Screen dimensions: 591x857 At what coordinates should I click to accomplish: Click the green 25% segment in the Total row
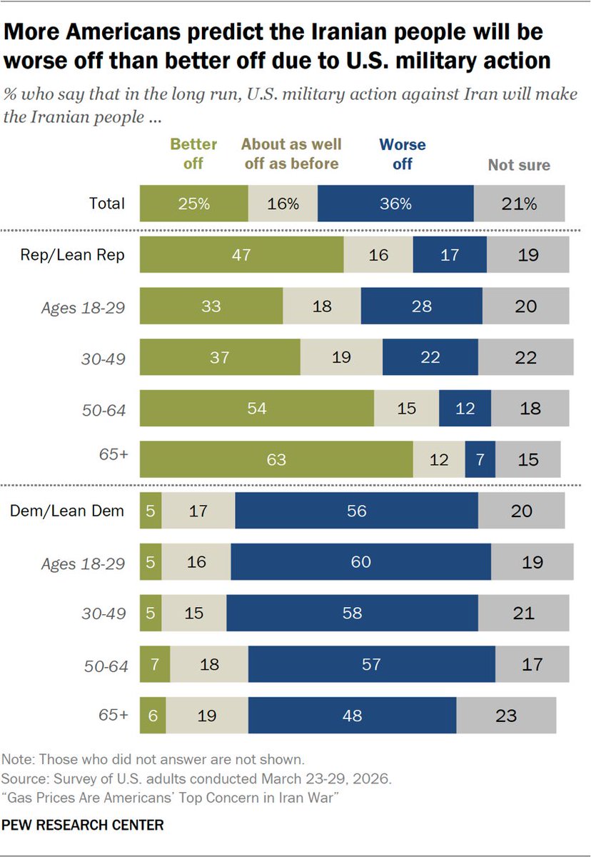pos(194,203)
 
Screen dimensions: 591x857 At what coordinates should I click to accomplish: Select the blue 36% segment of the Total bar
pos(395,203)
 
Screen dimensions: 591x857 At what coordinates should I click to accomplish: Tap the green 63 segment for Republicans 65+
pos(276,459)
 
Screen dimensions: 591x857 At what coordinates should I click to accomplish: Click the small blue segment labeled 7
pos(480,459)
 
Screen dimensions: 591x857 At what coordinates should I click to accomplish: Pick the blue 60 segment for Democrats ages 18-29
pos(361,561)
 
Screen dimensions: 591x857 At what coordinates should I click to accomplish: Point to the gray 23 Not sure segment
pos(506,716)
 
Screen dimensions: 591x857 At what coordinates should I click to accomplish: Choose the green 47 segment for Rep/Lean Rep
pos(241,254)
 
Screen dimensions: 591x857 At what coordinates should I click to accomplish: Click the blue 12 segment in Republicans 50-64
pos(465,409)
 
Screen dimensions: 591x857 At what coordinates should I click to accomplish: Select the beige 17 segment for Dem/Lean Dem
pos(198,511)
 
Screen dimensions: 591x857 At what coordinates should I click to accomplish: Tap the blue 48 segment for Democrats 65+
pos(352,716)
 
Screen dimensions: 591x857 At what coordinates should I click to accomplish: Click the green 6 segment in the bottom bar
pos(153,716)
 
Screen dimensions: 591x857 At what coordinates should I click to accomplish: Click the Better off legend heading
pos(193,154)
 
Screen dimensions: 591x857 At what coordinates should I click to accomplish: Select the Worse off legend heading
pos(402,154)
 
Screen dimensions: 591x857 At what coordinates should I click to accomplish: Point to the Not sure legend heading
pos(519,165)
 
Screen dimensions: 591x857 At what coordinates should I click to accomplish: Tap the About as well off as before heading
pos(291,154)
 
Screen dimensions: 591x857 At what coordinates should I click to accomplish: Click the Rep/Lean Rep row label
pos(72,255)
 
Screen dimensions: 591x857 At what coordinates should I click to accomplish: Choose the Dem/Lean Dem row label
pos(67,511)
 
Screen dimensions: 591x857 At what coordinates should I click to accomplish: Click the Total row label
pos(106,204)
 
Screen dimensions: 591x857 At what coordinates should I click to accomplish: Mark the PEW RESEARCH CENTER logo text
pos(83,824)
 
